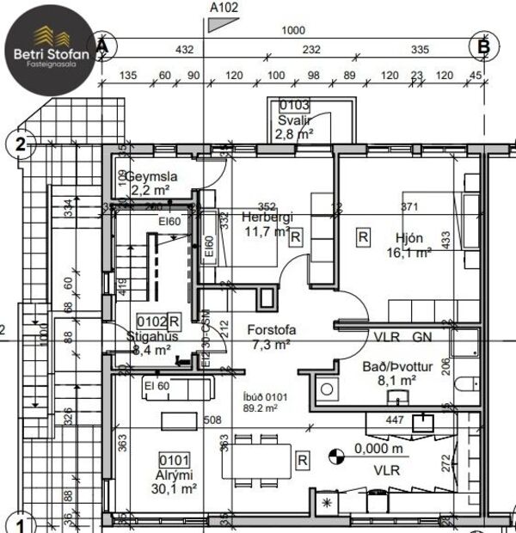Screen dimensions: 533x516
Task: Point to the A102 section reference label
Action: (x=224, y=7)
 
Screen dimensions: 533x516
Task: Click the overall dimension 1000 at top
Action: (x=293, y=31)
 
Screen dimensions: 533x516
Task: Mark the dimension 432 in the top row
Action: (x=184, y=50)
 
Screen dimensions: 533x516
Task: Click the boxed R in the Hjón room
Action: (x=363, y=235)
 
